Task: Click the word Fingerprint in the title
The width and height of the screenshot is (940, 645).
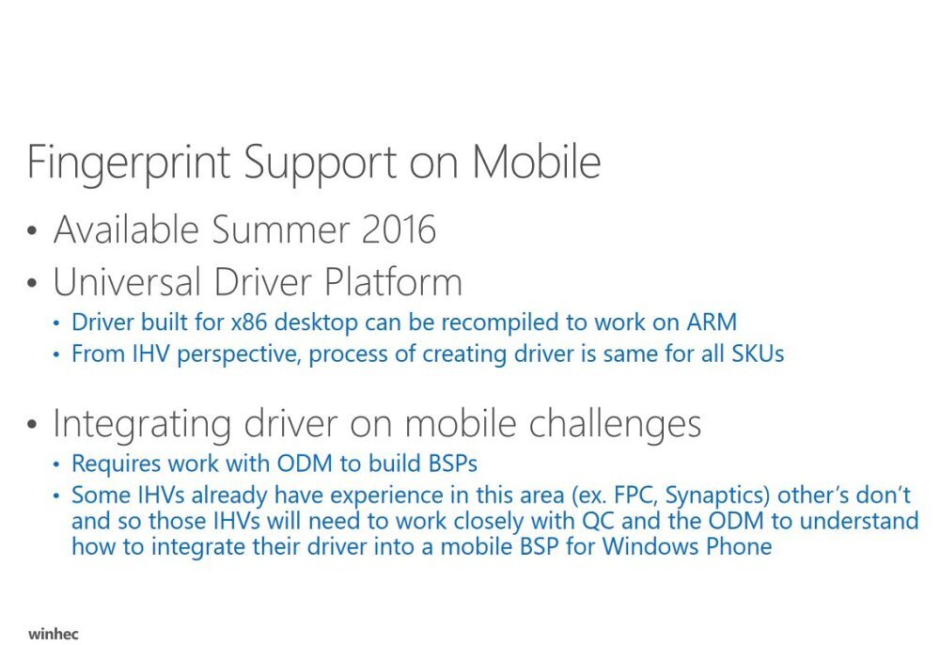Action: point(129,162)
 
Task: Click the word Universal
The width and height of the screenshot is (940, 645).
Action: point(128,282)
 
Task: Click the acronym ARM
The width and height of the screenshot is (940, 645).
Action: point(711,322)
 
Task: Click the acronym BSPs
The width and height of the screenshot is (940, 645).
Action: point(448,464)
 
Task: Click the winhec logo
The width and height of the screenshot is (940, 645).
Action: point(54,633)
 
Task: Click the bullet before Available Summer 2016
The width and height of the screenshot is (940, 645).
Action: point(34,231)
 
